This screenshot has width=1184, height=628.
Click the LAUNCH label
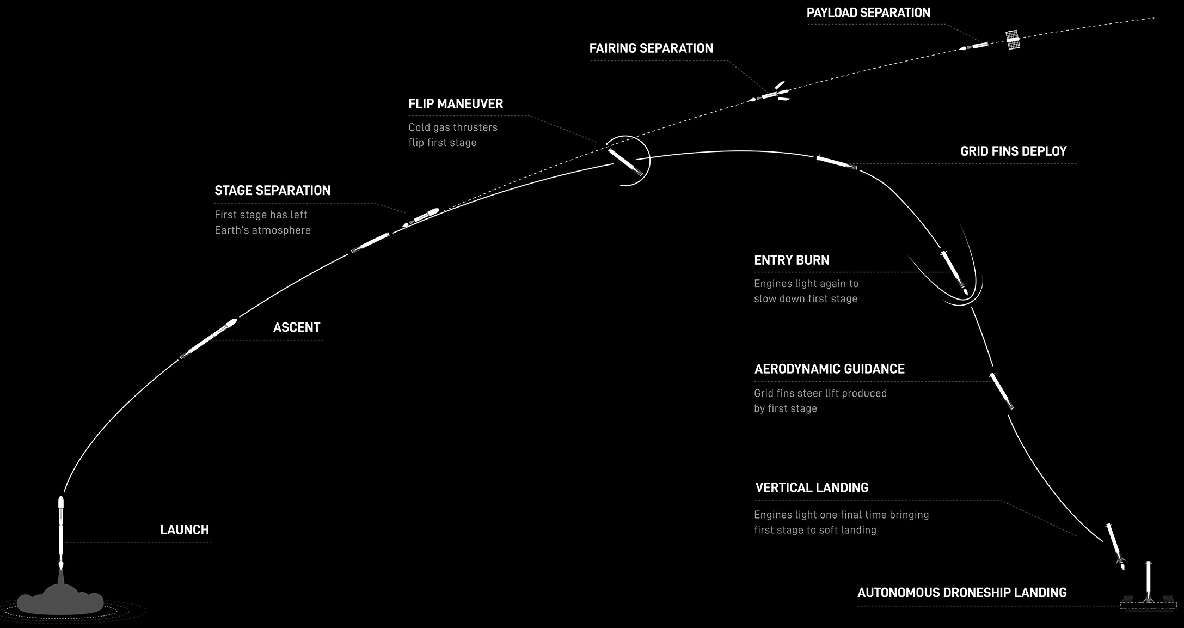[x=185, y=530]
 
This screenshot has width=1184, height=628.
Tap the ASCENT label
[x=297, y=327]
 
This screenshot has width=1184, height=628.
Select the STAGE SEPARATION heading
[x=273, y=191]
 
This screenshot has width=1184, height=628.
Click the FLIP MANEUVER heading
[x=456, y=104]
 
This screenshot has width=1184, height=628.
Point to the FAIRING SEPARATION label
[x=651, y=48]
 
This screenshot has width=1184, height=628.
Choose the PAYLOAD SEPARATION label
[x=868, y=13]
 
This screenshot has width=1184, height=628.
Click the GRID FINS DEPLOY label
[x=1013, y=151]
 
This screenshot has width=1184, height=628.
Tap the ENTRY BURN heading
[x=792, y=260]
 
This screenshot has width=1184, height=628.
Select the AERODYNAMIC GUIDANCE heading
[x=829, y=369]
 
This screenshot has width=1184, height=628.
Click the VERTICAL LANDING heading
[x=812, y=488]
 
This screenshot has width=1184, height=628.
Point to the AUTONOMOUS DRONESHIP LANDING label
[x=962, y=593]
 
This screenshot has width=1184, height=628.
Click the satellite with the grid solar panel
[x=1013, y=40]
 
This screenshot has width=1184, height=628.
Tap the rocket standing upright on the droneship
[x=1148, y=582]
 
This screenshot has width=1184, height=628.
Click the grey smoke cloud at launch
[x=60, y=599]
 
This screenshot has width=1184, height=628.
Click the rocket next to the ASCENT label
[x=208, y=339]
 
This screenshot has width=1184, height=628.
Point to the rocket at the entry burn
[x=954, y=272]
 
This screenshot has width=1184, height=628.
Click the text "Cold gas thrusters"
[x=453, y=127]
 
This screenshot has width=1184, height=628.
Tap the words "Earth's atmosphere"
[x=262, y=230]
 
